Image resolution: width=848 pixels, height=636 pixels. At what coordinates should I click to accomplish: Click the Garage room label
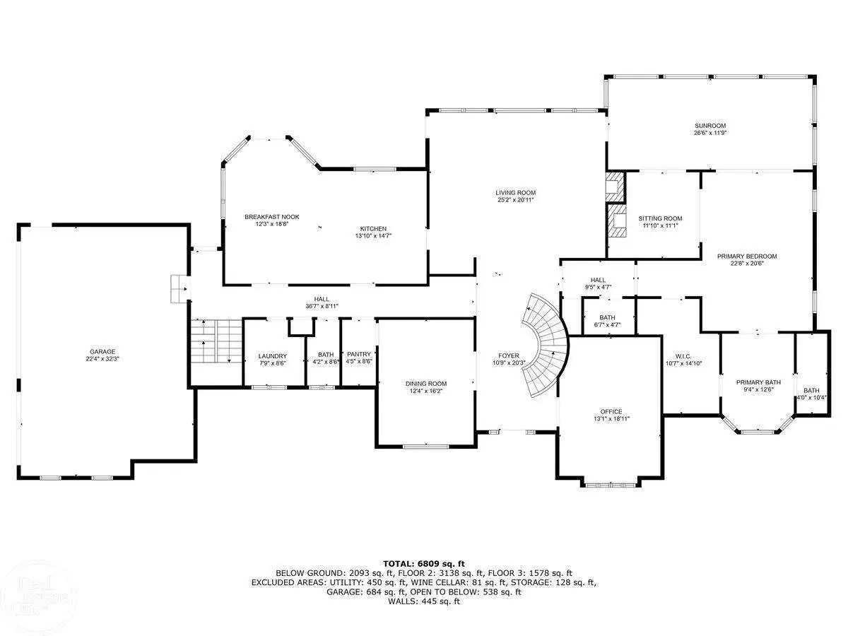click(102, 352)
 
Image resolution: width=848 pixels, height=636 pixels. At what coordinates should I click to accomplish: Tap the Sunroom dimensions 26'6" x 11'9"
click(710, 133)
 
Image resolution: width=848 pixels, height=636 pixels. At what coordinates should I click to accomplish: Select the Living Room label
click(516, 193)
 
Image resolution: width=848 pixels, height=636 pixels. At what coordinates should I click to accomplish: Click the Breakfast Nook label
click(272, 217)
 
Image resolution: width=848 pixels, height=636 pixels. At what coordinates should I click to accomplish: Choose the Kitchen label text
click(373, 228)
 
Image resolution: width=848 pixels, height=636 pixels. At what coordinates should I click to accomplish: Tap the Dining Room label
click(426, 384)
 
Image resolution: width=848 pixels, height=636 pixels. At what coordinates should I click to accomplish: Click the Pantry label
click(359, 354)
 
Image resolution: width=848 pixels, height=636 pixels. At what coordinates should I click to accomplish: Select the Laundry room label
click(273, 356)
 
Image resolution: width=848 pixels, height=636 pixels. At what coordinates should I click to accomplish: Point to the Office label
click(611, 412)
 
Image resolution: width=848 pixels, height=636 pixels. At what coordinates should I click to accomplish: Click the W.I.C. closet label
click(683, 356)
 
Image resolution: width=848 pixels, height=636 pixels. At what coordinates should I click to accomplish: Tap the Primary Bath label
click(758, 382)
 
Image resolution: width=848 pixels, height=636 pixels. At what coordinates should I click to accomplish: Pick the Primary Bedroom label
click(747, 257)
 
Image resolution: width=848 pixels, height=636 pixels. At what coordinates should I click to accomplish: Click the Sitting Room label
click(660, 218)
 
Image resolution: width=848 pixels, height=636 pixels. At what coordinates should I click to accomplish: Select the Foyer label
click(509, 355)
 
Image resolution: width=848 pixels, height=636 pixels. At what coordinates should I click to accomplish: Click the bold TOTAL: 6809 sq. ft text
click(424, 564)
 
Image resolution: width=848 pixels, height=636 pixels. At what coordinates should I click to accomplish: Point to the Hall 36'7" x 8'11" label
click(322, 302)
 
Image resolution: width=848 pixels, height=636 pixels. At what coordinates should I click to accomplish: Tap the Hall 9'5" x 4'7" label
click(598, 283)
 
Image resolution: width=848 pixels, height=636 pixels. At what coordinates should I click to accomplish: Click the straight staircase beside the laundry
click(216, 341)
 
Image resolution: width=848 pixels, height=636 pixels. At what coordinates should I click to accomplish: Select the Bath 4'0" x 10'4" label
click(811, 394)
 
